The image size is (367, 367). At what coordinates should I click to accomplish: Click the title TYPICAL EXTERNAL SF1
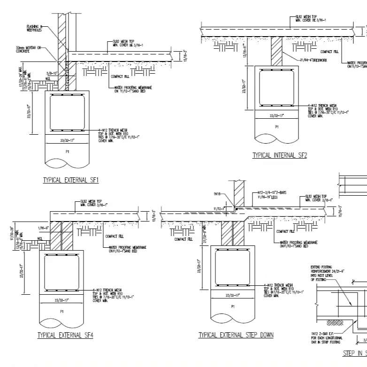(71, 180)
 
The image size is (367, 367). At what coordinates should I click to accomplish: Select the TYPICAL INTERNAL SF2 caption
(279, 155)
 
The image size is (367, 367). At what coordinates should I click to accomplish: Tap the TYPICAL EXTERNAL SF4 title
(65, 335)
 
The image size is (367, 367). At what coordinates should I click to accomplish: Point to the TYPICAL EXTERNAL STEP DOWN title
(236, 335)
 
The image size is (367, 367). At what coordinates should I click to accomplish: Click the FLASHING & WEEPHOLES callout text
(35, 28)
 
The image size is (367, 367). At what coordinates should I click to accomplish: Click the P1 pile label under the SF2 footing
(276, 127)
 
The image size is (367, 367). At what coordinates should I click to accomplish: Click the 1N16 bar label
(217, 194)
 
